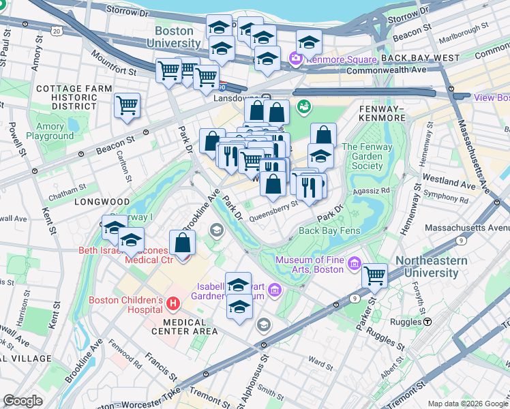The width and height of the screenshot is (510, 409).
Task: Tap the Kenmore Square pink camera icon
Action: coord(297,59)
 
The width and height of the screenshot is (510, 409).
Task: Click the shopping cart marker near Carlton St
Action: coord(127,106)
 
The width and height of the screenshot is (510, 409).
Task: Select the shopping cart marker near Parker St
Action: coord(374,275)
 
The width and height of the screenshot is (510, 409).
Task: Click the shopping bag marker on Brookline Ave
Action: coord(183,243)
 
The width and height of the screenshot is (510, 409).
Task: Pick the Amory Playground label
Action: coord(50,132)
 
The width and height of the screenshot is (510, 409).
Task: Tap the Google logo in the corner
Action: coord(22,401)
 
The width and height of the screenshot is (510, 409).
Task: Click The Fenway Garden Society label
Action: coord(367,156)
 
